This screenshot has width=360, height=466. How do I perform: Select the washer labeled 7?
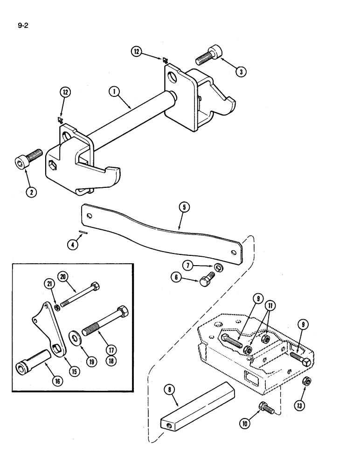click(219, 268)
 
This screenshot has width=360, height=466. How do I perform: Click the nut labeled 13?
click(308, 382)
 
